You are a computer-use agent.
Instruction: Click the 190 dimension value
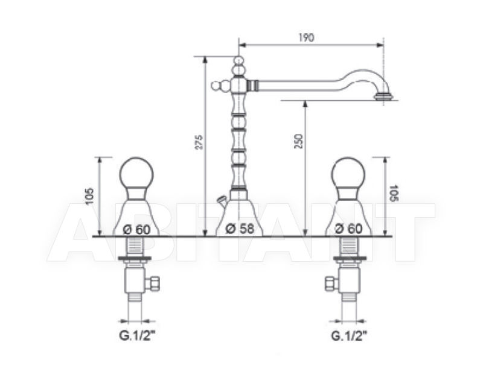pos(307,37)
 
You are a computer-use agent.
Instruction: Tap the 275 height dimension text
pos(200,142)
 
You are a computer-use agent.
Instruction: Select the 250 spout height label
pos(299,141)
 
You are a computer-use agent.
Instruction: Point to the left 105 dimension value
pos(89,196)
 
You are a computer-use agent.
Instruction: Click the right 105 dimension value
pos(394,193)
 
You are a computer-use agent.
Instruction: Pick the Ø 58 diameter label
pos(240,229)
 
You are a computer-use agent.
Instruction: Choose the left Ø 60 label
pos(136,229)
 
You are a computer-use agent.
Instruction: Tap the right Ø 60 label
pos(349,229)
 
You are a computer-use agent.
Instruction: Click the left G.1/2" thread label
pos(137,336)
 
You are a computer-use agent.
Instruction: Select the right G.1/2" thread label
pos(350,336)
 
